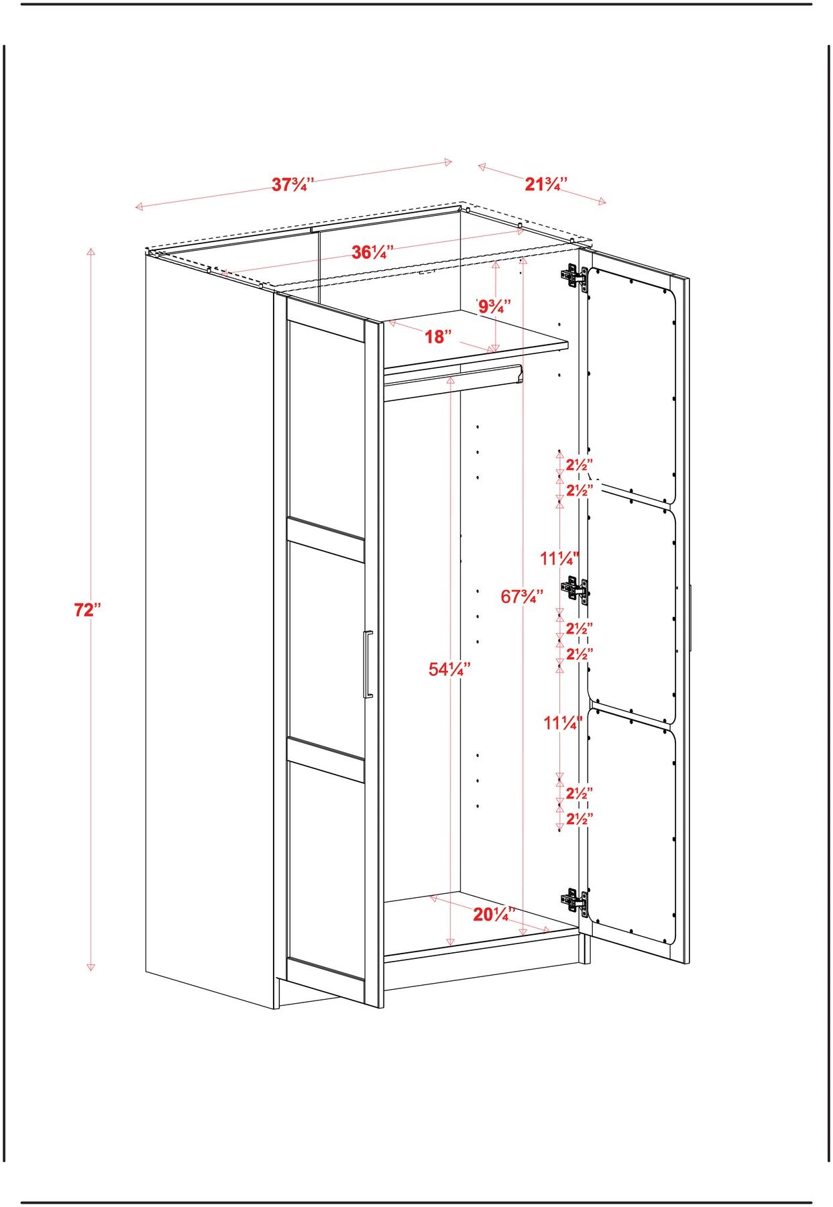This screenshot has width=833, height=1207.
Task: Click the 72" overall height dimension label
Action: point(87,610)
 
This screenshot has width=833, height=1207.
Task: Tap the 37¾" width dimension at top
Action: point(292,184)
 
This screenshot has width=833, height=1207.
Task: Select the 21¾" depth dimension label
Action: point(546,184)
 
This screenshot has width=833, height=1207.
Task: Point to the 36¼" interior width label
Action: point(373,252)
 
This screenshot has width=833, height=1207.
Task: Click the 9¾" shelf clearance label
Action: point(494,306)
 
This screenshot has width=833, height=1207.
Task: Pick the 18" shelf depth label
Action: point(438,337)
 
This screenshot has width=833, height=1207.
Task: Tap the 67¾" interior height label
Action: point(522,596)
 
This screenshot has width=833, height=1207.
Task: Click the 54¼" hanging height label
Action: point(449,669)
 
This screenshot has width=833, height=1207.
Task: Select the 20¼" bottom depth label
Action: point(494,914)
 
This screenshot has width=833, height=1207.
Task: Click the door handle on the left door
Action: point(368,665)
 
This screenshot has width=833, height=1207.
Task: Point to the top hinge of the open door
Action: point(574,276)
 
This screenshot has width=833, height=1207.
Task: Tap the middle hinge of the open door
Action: point(575,589)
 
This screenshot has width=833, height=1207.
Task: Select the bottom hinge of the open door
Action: point(575,901)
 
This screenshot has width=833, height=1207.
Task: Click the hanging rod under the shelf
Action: point(453,380)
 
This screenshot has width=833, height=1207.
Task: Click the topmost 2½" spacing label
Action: point(579,465)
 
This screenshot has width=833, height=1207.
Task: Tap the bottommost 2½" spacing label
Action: point(579,819)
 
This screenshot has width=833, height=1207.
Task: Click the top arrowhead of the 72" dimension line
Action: point(91,252)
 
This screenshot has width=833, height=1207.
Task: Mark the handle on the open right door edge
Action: point(690,618)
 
